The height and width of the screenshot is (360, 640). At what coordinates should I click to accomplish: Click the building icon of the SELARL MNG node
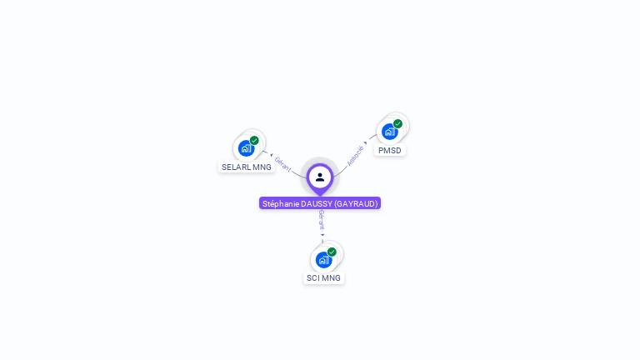pyautogui.click(x=245, y=148)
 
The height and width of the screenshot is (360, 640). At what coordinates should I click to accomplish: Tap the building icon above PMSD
pyautogui.click(x=388, y=132)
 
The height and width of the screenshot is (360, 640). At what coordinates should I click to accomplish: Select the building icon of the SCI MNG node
pyautogui.click(x=322, y=260)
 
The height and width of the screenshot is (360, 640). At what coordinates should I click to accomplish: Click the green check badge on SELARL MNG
pyautogui.click(x=254, y=140)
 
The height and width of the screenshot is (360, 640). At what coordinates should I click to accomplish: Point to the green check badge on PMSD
pyautogui.click(x=397, y=123)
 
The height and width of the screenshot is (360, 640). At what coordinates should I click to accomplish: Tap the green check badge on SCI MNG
pyautogui.click(x=332, y=252)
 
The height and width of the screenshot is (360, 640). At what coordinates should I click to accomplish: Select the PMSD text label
pyautogui.click(x=389, y=151)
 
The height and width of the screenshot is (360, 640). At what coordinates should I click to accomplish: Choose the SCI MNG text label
pyautogui.click(x=323, y=278)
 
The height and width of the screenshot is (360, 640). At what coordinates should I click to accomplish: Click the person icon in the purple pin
pyautogui.click(x=320, y=177)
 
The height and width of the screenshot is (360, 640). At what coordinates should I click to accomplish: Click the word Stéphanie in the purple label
pyautogui.click(x=281, y=203)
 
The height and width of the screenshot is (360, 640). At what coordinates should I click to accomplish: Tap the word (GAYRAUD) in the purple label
pyautogui.click(x=356, y=203)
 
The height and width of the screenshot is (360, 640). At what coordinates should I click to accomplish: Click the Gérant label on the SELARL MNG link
pyautogui.click(x=283, y=164)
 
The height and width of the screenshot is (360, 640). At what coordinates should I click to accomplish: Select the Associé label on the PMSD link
pyautogui.click(x=355, y=156)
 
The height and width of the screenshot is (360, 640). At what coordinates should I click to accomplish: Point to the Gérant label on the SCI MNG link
pyautogui.click(x=321, y=221)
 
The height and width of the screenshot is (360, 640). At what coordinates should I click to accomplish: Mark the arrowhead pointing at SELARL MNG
pyautogui.click(x=271, y=155)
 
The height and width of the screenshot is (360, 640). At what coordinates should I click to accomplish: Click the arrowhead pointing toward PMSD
pyautogui.click(x=366, y=142)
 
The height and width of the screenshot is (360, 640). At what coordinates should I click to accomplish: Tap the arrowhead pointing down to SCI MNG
pyautogui.click(x=322, y=235)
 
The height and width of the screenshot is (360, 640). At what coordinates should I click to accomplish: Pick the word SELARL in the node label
pyautogui.click(x=235, y=167)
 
